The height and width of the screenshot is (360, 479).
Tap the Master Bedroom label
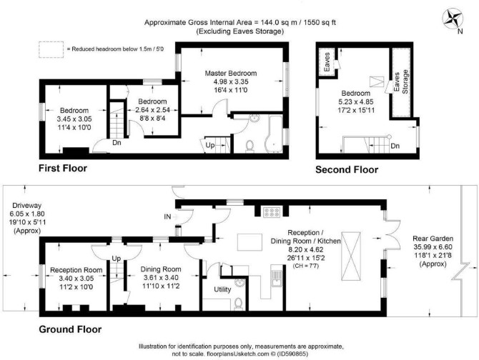click(x=231, y=74)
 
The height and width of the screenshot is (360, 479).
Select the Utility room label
click(x=222, y=289)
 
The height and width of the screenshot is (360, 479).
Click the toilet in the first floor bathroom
click(x=250, y=145)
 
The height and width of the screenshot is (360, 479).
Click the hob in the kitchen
click(x=272, y=212)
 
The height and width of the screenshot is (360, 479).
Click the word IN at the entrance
click(x=167, y=217)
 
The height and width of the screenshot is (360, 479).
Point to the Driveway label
click(x=27, y=205)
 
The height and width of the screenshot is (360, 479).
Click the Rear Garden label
click(x=433, y=239)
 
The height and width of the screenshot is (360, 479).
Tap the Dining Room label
click(x=161, y=269)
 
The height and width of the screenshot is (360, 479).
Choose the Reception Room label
click(x=76, y=270)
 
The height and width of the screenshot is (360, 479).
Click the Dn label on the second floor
click(x=395, y=146)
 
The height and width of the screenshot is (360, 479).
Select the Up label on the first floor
click(x=210, y=145)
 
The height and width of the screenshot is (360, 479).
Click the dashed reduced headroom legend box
click(x=51, y=49)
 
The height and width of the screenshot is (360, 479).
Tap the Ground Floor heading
click(x=70, y=329)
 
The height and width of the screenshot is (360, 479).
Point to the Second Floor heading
click(x=347, y=169)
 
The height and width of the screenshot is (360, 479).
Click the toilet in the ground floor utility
click(x=239, y=304)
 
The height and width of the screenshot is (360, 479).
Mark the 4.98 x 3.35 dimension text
click(x=231, y=81)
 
